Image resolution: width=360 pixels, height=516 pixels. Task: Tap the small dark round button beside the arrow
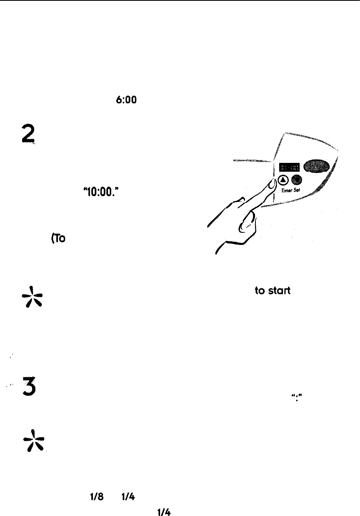click(x=297, y=180)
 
